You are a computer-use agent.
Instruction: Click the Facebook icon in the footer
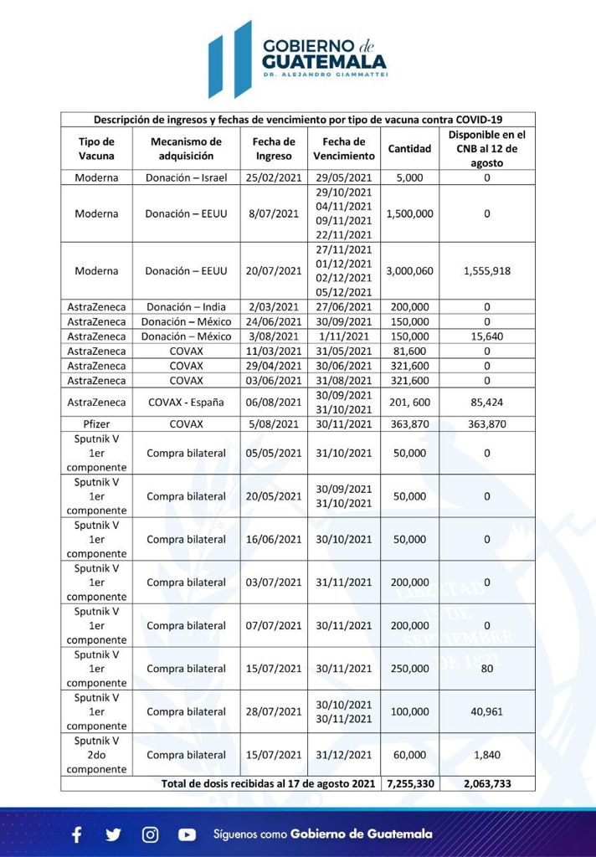(77, 834)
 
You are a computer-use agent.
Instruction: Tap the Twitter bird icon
(113, 834)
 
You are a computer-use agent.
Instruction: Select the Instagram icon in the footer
(150, 834)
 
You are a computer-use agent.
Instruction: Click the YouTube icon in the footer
(187, 834)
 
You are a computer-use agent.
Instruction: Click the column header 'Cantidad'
(409, 149)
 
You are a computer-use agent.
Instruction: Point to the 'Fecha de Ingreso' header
(275, 149)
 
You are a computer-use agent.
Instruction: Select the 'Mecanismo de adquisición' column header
(186, 149)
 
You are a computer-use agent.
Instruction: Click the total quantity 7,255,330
(409, 783)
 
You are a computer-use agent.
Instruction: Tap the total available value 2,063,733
(486, 783)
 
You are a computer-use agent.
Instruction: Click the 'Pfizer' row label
(96, 424)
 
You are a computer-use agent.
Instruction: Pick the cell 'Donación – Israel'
(186, 177)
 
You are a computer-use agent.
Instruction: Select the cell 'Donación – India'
(186, 307)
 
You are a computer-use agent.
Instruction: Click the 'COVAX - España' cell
(186, 402)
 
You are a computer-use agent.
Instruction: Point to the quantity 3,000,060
(409, 271)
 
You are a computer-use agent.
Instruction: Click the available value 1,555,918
(486, 271)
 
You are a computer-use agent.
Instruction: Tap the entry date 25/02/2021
(275, 177)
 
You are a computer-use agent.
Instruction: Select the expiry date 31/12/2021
(344, 755)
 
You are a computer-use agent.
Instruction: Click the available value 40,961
(486, 711)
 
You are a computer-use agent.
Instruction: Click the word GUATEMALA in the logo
(324, 62)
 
